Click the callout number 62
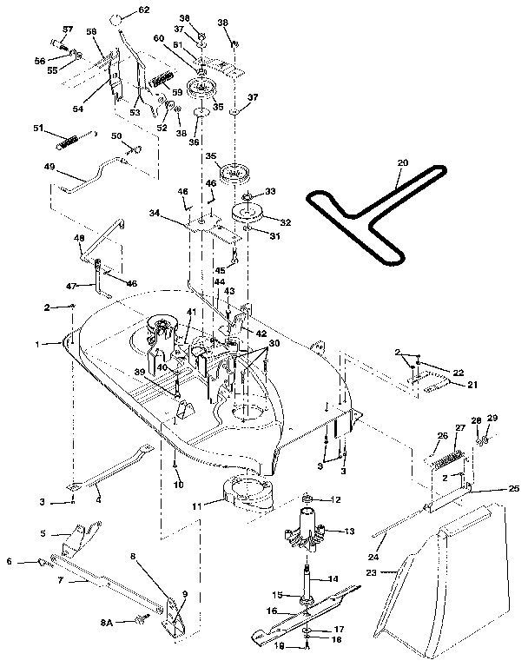point(143,10)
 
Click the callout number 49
point(49,168)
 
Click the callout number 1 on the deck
point(37,344)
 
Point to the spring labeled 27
point(449,451)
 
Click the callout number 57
point(65,30)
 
